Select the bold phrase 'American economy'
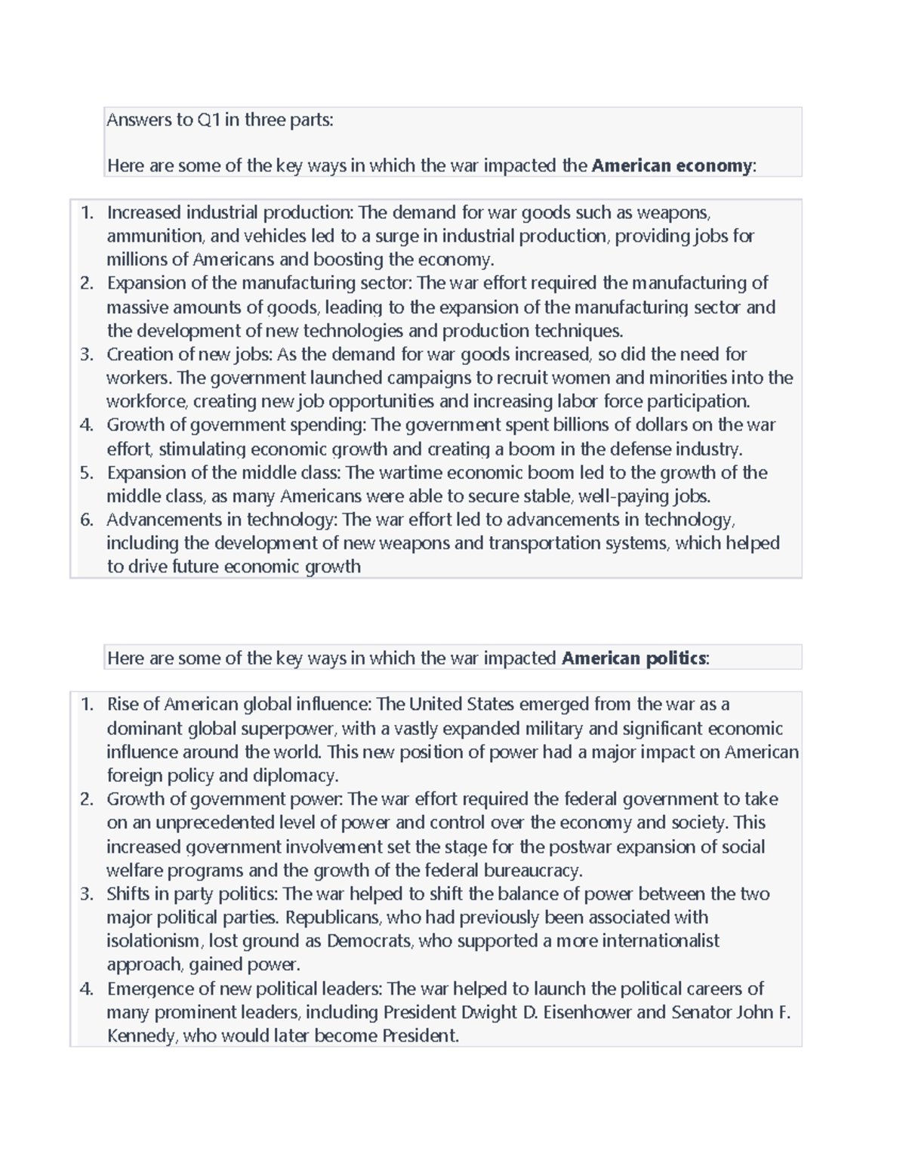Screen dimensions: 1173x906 [671, 166]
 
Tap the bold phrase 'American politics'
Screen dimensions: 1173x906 [633, 659]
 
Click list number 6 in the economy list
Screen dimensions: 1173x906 [87, 520]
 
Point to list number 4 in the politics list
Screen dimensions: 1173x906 [87, 989]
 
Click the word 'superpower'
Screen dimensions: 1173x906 [294, 729]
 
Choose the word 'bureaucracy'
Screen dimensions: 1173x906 [532, 870]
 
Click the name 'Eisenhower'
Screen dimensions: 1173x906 [587, 1012]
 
